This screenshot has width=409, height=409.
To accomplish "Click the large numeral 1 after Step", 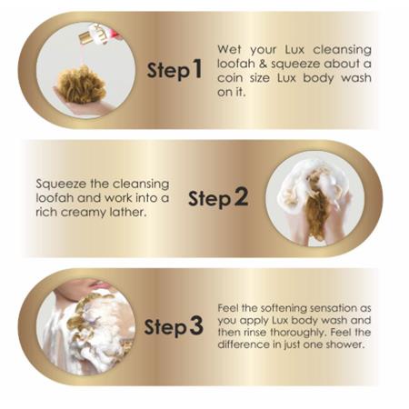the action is (x=197, y=68).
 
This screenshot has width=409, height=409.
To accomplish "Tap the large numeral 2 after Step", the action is (x=241, y=196).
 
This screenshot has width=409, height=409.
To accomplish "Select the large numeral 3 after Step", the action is (x=196, y=325).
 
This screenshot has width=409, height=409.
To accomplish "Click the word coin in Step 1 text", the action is (x=230, y=78).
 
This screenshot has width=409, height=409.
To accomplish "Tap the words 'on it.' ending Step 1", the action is (x=232, y=92).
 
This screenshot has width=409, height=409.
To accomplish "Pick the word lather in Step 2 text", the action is (x=126, y=212).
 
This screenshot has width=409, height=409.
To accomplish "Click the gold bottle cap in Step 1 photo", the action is (x=85, y=37).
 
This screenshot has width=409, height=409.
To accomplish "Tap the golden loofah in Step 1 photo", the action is (x=82, y=85).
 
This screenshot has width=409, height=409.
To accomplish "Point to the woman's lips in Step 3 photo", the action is (x=97, y=284).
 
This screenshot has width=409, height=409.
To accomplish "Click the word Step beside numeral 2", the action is (x=209, y=199).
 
